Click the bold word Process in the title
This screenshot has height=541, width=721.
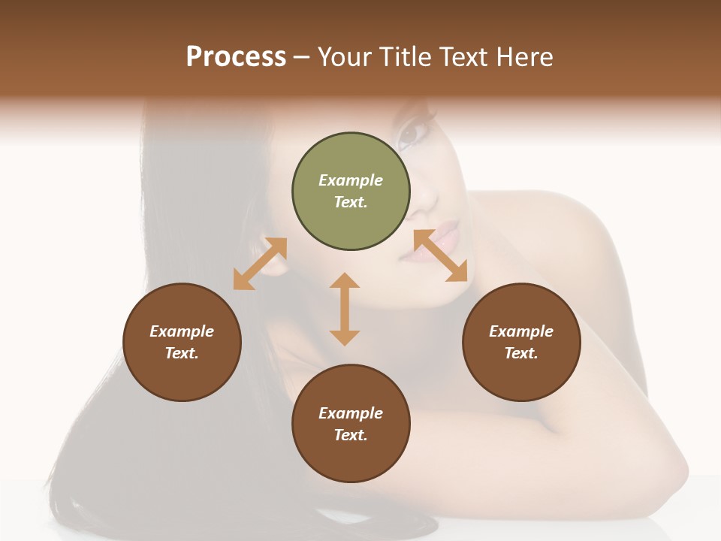click(x=236, y=57)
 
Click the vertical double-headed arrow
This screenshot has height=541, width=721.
click(x=345, y=309)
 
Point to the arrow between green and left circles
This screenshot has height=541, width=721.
click(x=260, y=264)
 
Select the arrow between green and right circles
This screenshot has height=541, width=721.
click(x=440, y=255)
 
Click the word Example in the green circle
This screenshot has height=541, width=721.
click(x=351, y=180)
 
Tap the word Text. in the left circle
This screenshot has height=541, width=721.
click(x=182, y=353)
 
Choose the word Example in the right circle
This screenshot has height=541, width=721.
click(x=521, y=331)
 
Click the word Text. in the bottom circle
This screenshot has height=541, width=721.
click(x=351, y=435)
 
